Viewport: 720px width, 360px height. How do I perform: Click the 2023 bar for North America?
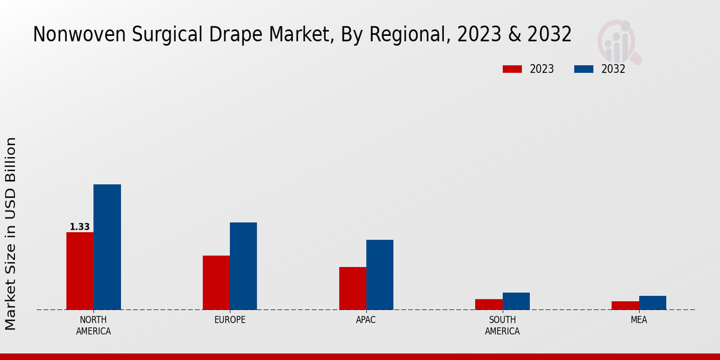pyautogui.click(x=80, y=271)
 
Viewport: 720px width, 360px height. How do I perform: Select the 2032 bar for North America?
pyautogui.click(x=107, y=247)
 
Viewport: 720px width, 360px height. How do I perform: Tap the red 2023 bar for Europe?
pyautogui.click(x=216, y=283)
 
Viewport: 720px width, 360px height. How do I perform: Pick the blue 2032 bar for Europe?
pyautogui.click(x=243, y=266)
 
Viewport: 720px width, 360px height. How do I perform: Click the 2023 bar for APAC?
pyautogui.click(x=353, y=288)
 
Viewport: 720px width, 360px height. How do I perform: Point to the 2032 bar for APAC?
pyautogui.click(x=380, y=275)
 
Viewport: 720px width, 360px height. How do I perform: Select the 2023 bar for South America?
pyautogui.click(x=489, y=304)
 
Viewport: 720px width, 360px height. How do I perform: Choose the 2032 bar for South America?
pyautogui.click(x=516, y=301)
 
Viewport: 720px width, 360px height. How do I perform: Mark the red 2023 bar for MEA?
pyautogui.click(x=625, y=305)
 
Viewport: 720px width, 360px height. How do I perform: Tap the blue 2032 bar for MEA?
pyautogui.click(x=652, y=302)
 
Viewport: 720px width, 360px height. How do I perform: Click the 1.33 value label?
pyautogui.click(x=80, y=227)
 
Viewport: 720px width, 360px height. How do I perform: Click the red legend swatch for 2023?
pyautogui.click(x=512, y=69)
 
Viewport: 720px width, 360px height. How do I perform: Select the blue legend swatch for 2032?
pyautogui.click(x=584, y=69)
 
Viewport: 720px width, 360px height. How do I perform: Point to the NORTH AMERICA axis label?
pyautogui.click(x=94, y=325)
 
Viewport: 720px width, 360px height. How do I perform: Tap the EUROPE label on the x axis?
pyautogui.click(x=230, y=320)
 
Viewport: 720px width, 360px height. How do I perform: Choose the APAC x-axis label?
pyautogui.click(x=366, y=320)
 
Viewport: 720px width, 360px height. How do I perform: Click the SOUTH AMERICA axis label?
pyautogui.click(x=502, y=325)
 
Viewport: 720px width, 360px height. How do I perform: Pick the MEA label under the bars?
pyautogui.click(x=639, y=320)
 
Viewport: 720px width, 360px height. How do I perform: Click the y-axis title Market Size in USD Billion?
pyautogui.click(x=11, y=233)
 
